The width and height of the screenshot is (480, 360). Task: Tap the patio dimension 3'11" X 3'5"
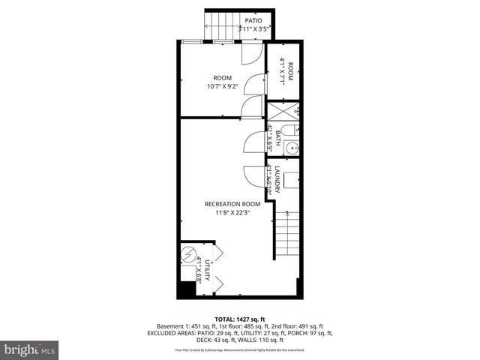[254, 29]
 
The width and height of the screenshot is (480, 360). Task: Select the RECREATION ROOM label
[232, 204]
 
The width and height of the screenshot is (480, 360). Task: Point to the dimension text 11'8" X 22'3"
[232, 213]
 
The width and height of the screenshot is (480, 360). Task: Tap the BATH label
[277, 137]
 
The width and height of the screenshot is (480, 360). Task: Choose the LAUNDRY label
[277, 180]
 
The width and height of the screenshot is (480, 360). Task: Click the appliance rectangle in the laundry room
[292, 180]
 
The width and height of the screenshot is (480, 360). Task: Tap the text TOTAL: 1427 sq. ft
[239, 319]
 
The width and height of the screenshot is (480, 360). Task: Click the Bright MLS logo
[30, 349]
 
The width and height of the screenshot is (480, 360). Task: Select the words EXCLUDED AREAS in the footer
[172, 333]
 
